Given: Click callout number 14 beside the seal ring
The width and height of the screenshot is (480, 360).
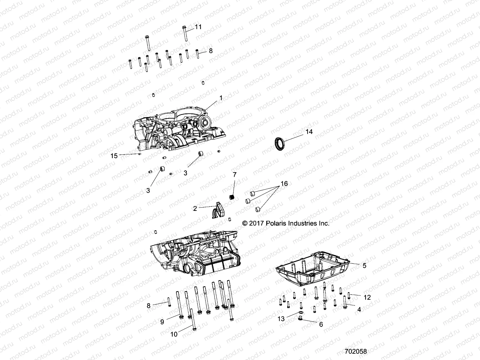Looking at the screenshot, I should (309, 131).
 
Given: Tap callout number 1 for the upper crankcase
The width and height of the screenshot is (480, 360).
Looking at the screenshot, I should (221, 98).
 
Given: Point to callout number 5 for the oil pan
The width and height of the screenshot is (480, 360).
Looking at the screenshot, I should (364, 265).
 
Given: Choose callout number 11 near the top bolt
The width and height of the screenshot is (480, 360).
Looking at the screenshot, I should (198, 27).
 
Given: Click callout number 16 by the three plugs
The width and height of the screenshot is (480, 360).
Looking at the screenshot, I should (284, 184).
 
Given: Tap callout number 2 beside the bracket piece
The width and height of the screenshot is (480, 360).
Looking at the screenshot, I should (195, 208).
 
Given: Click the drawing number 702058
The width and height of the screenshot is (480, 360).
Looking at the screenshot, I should (356, 351).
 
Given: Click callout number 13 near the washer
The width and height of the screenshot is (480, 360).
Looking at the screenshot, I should (281, 319).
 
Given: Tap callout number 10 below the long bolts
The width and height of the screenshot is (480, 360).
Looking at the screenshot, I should (174, 334).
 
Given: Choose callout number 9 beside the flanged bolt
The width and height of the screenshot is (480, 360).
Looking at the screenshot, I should (162, 322).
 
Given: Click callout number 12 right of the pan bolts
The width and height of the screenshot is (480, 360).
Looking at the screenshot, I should (367, 297).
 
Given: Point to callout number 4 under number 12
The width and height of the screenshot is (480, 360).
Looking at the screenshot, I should (359, 309).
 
